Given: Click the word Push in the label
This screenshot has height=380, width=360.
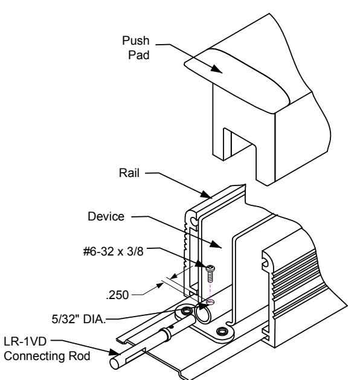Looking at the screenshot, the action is [x=136, y=40].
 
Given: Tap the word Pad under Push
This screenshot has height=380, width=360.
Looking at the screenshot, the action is [x=138, y=55].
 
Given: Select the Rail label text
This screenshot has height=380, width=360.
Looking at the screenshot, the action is [x=129, y=173].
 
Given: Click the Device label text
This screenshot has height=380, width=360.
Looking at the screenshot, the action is [x=106, y=216].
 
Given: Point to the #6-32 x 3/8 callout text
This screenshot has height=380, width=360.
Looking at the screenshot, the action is [x=113, y=251].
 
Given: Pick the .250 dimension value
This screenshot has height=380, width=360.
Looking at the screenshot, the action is [x=117, y=295].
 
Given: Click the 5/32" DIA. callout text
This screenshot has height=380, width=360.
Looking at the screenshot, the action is [x=79, y=319].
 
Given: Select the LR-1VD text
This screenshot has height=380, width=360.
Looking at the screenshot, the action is [x=25, y=341].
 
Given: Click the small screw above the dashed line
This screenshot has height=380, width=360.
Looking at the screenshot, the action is [x=210, y=274].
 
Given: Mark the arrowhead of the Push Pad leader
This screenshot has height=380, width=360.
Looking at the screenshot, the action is [x=216, y=69].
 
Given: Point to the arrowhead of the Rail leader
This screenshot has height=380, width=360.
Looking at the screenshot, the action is [x=207, y=195].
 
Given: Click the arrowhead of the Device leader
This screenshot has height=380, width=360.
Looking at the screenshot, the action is [x=216, y=244].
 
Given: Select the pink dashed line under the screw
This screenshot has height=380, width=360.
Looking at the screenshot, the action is [x=210, y=292].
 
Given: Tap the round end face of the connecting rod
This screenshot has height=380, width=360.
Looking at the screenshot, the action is [x=115, y=364].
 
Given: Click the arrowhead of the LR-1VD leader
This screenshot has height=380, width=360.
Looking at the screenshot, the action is [x=115, y=352].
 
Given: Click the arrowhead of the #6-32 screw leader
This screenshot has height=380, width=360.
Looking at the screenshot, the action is [x=201, y=264].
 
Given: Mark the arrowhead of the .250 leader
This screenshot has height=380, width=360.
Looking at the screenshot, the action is [x=159, y=286].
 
